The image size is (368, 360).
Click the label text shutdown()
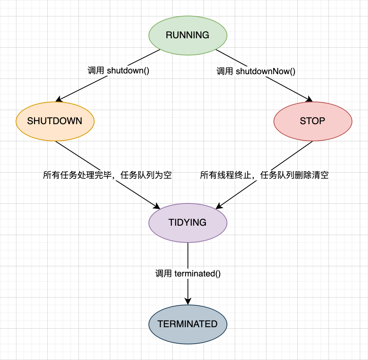point(128,71)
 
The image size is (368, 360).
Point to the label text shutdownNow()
point(265,71)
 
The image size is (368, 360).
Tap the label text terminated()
point(197,274)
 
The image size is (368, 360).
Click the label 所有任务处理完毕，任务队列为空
point(107,175)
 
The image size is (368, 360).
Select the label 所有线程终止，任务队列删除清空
point(264,175)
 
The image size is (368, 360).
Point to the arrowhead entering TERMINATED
point(188,301)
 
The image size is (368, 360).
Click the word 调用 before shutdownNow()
point(225,71)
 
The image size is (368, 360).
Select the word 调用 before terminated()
point(163,274)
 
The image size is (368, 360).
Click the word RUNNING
point(188,35)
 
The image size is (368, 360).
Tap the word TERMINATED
point(188,324)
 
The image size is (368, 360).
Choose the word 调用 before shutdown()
point(96,71)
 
